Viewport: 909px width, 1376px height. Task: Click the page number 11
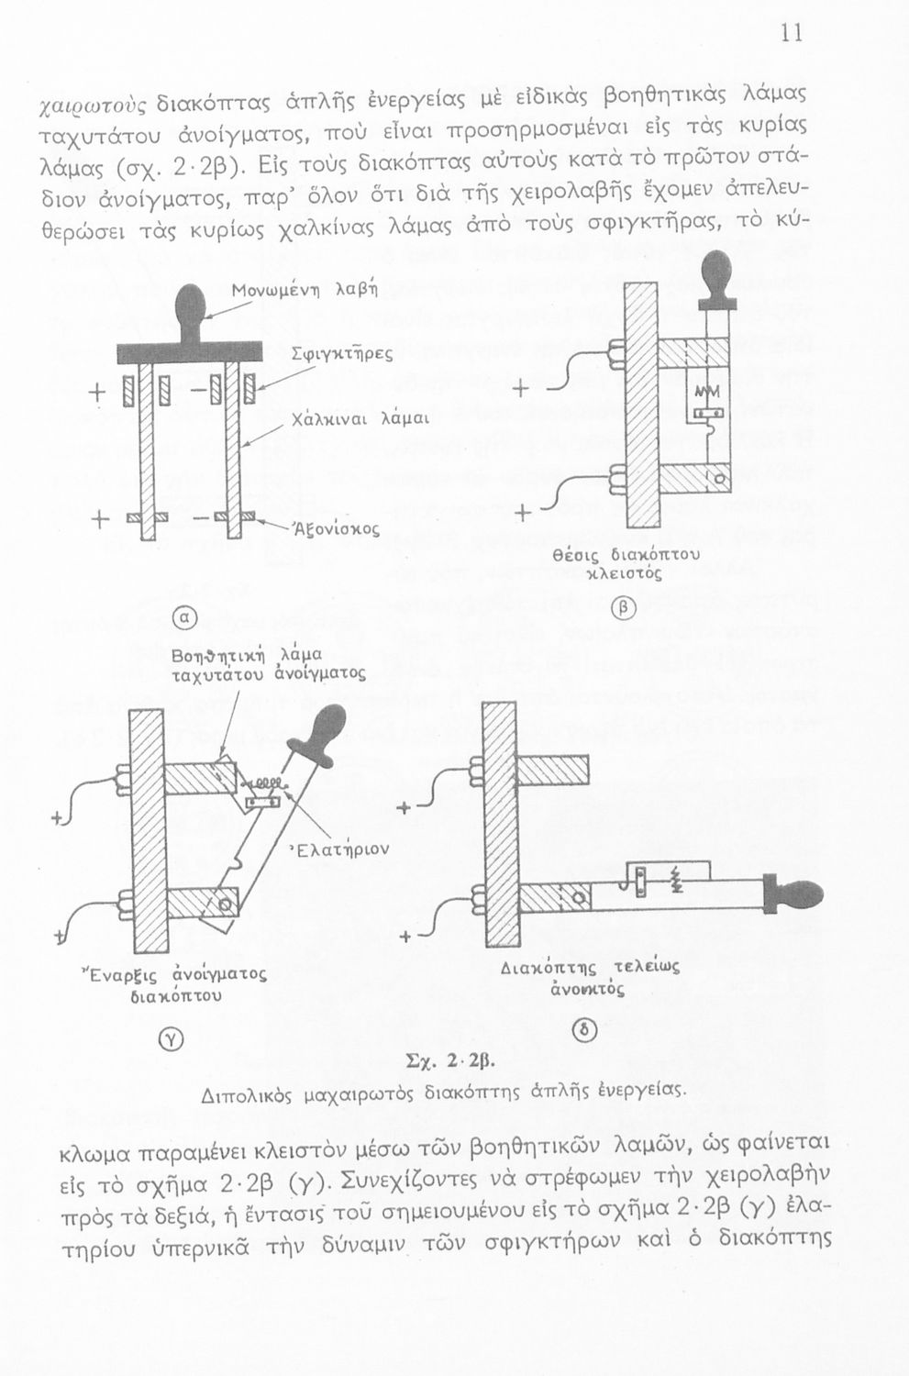[x=792, y=34]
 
